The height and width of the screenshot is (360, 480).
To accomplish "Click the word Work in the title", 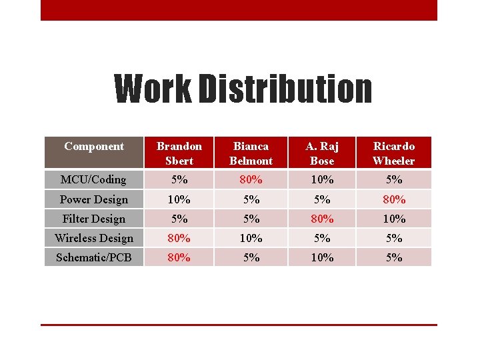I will point(151,90).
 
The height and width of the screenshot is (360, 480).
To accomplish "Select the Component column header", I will point(94,147).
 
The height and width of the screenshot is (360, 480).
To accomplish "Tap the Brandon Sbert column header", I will point(179,153).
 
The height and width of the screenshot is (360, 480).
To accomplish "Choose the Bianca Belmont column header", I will point(251,153).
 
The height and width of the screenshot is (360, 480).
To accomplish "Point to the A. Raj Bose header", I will point(322,153).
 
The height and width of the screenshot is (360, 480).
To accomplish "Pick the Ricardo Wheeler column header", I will point(394,153).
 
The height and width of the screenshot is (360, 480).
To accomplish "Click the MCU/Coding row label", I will point(93,179).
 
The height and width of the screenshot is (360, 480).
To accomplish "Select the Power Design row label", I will point(93,199).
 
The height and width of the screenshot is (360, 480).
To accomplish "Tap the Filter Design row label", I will point(93,219).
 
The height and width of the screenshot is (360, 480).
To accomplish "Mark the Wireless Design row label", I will point(93,238).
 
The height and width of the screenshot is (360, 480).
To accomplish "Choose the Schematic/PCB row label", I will point(93,257).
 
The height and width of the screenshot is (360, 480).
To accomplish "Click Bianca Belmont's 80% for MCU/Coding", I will point(251,179).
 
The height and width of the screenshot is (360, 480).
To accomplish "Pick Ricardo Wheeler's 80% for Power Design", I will point(394,199).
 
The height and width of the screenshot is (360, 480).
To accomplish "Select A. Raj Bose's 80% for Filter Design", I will point(322,219).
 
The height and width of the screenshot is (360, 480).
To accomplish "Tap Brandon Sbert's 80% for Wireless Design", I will point(179,238).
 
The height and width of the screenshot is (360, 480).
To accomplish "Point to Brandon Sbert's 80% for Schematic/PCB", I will point(179,257).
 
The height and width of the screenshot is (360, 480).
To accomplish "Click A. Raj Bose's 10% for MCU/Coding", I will point(322,179).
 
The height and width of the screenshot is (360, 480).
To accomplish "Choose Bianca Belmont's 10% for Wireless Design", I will point(251,238).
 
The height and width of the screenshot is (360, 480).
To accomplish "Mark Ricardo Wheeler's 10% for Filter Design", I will point(394,219).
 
